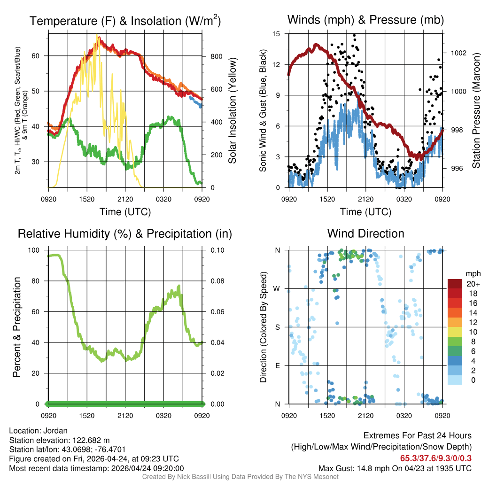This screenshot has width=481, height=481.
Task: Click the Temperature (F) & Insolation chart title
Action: (x=125, y=21)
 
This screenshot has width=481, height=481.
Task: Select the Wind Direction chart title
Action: (x=365, y=233)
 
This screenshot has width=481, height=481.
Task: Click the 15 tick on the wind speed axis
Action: (x=277, y=34)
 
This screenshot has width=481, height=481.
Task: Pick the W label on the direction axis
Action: (x=278, y=288)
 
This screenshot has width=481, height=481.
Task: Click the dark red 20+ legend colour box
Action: (x=454, y=284)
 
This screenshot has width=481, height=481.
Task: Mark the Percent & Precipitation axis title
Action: (x=17, y=327)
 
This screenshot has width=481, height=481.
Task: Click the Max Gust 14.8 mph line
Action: (x=395, y=468)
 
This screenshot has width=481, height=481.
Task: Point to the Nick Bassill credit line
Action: (x=240, y=477)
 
